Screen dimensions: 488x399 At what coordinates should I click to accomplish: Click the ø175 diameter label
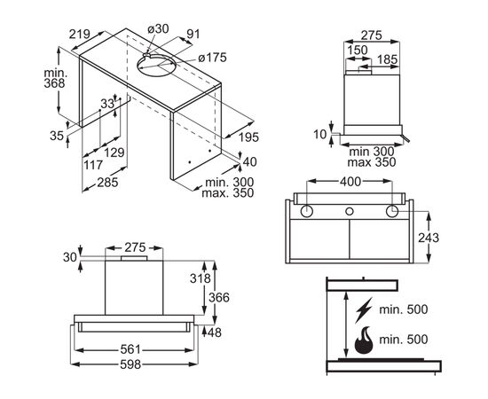coord(213,58)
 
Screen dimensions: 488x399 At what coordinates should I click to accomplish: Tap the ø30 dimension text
coord(158,29)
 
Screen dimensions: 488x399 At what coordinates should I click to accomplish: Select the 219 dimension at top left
coord(80,35)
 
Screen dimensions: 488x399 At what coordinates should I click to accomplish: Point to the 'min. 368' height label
coord(55,78)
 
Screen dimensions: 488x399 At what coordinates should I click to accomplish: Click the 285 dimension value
coord(107,183)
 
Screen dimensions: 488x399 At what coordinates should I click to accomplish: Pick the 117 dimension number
coord(93,165)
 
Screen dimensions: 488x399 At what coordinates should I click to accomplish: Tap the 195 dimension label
coord(248,137)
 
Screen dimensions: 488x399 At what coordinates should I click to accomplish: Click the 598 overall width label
coord(130,364)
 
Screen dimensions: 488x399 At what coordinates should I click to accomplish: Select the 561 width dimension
coord(130,350)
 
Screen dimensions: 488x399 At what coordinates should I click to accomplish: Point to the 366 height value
coord(219,298)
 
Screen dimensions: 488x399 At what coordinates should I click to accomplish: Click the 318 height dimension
coord(201,278)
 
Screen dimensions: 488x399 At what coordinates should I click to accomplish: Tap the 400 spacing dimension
coord(350,182)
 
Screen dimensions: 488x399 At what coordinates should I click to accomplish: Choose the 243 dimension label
coord(429,238)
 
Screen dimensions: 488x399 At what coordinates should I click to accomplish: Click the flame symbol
coord(364,340)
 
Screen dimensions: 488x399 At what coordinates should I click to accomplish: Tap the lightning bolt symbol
coord(364,309)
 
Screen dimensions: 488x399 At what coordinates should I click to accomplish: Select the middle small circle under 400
coord(350,212)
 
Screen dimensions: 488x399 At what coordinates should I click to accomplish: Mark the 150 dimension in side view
coord(358,50)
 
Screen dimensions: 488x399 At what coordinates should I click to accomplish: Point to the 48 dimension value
coord(215,332)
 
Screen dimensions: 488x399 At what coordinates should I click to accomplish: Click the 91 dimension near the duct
coord(193,34)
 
